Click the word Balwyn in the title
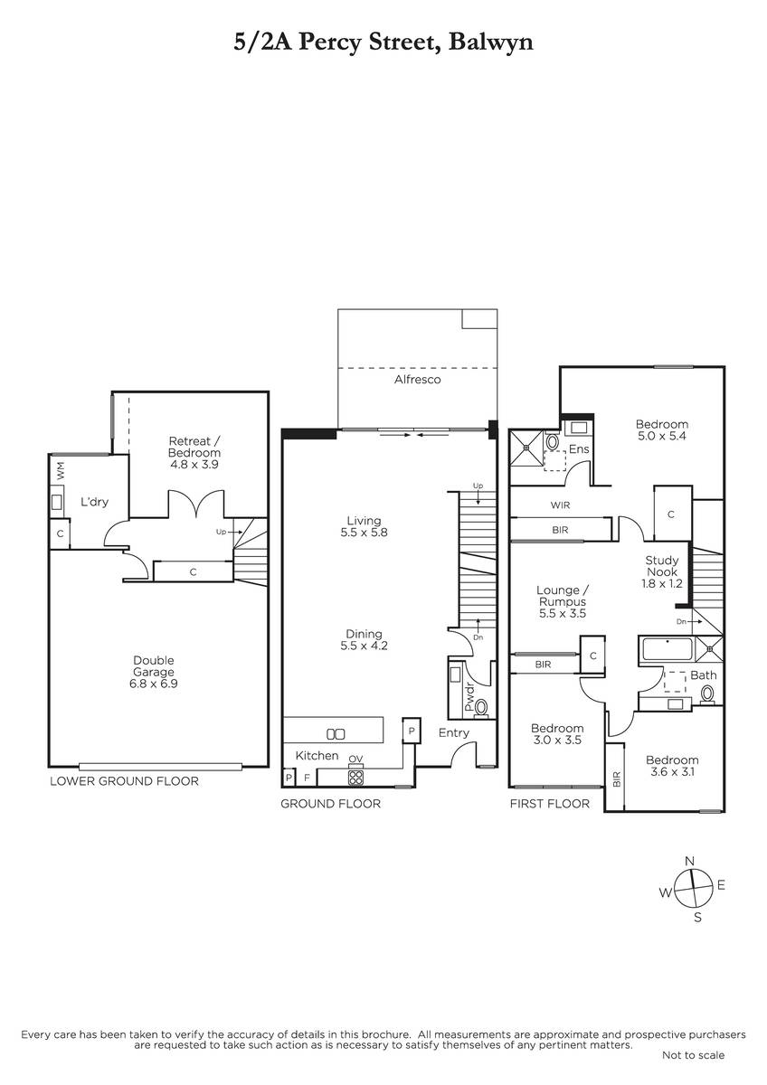tap(490, 42)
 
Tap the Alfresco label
tap(417, 379)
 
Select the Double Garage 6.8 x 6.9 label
tap(153, 672)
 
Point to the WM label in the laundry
tap(61, 470)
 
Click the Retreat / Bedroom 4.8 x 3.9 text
tap(194, 453)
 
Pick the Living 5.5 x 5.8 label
tap(364, 526)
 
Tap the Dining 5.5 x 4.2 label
tap(364, 640)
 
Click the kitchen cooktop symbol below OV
tap(356, 778)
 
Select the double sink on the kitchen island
tap(336, 734)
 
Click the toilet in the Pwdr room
tap(481, 708)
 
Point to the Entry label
tap(453, 733)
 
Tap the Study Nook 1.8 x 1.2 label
tap(662, 572)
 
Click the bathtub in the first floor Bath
tap(667, 649)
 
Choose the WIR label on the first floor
tap(560, 505)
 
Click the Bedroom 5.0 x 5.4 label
tap(662, 429)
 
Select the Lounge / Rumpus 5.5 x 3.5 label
tap(563, 601)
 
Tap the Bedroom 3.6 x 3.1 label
tap(672, 766)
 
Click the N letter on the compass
tap(690, 861)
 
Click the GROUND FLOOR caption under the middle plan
tap(330, 804)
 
